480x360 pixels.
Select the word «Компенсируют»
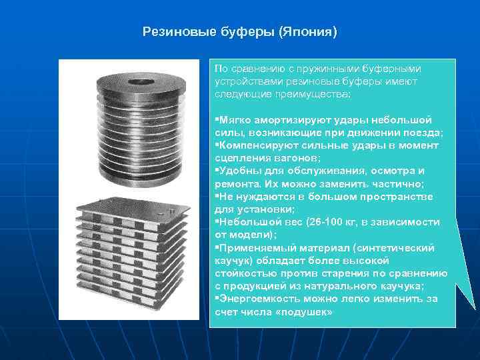[x=251, y=145]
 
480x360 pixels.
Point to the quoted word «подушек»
[x=307, y=311]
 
